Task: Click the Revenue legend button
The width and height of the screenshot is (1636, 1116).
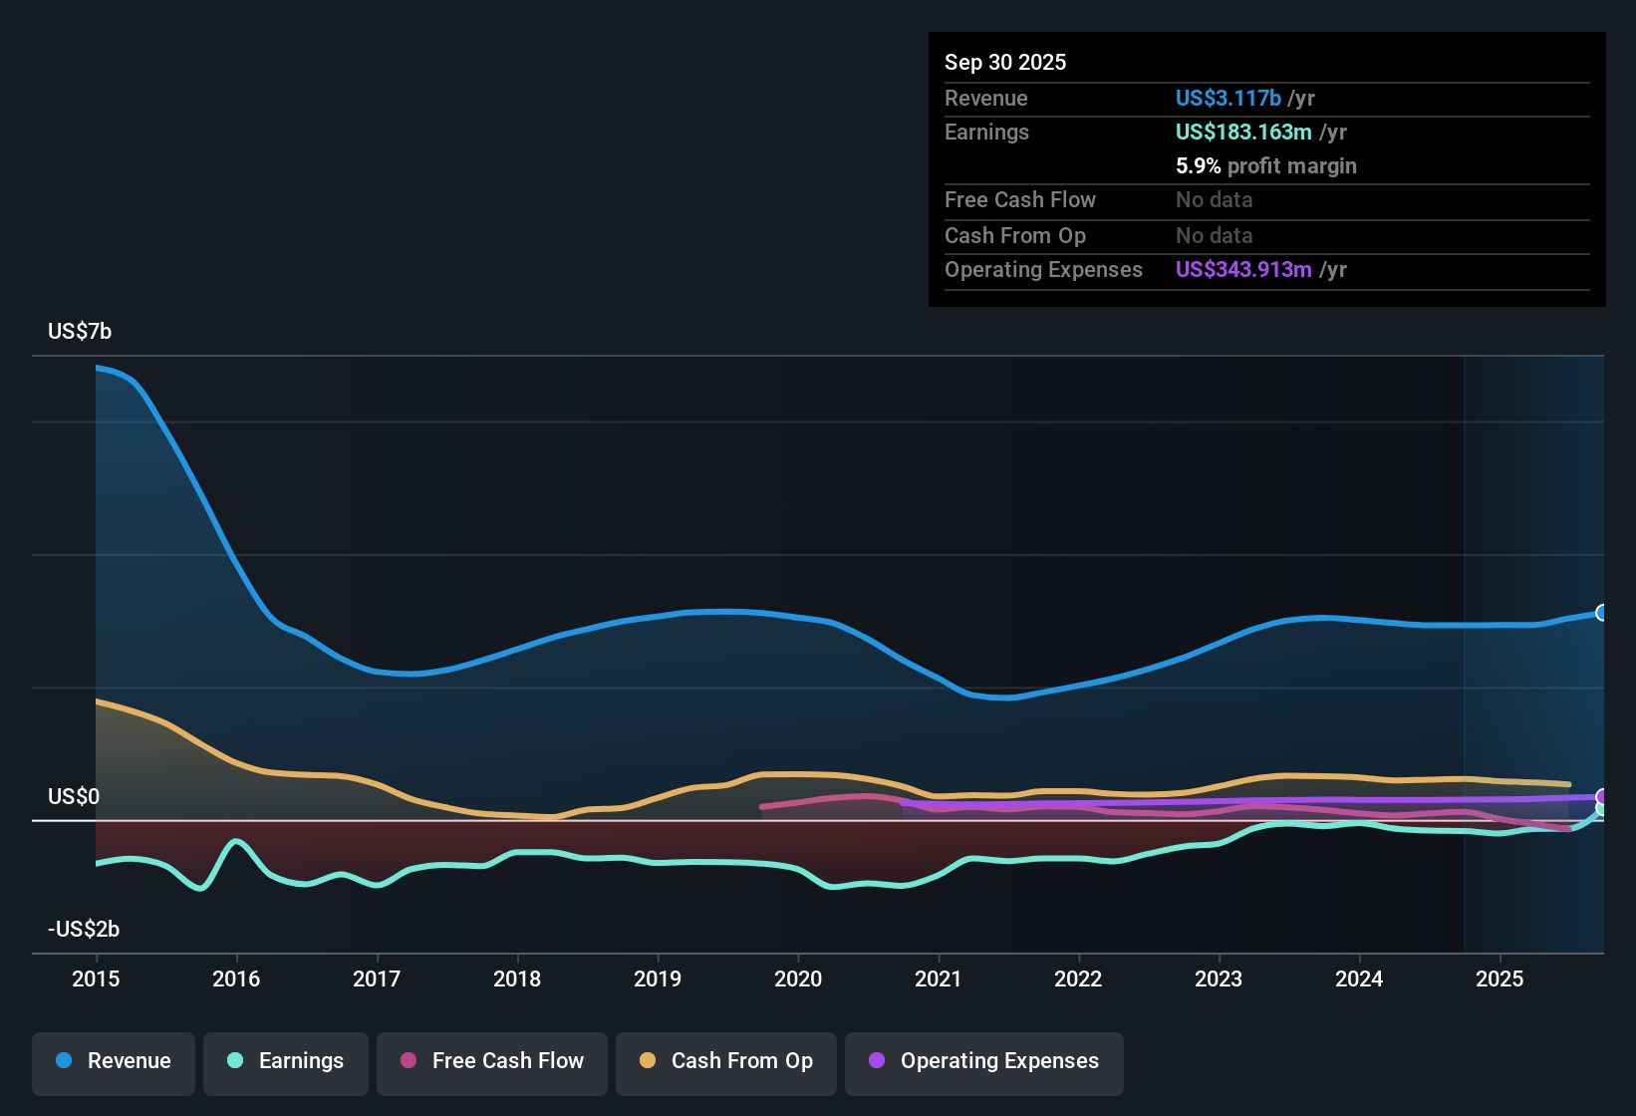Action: point(114,1061)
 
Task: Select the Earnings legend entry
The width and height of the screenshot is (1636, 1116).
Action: point(286,1061)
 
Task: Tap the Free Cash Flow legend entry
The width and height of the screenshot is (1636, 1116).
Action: point(492,1061)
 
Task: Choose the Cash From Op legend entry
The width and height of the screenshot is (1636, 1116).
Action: point(726,1061)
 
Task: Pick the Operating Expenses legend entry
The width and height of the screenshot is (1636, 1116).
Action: point(984,1061)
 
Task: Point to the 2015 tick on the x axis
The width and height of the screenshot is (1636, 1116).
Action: point(96,978)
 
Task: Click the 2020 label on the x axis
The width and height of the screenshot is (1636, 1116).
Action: point(798,978)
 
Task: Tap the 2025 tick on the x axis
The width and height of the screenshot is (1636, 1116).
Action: point(1500,978)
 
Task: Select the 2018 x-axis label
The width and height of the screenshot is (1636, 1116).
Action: point(517,978)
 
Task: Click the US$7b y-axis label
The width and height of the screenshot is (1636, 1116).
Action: point(80,332)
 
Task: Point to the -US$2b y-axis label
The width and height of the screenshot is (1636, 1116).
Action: point(84,929)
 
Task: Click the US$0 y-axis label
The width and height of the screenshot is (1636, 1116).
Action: point(74,797)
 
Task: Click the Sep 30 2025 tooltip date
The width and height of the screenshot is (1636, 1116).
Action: point(1005,62)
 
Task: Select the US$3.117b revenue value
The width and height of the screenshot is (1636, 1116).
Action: point(1227,98)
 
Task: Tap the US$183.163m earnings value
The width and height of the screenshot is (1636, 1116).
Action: point(1243,132)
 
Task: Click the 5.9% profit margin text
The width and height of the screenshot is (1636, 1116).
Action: point(1266,165)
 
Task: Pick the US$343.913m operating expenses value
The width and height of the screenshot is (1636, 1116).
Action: point(1243,269)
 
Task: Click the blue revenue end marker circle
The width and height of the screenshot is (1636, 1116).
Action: point(1601,613)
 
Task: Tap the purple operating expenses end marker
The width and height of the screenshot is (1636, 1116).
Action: point(1601,796)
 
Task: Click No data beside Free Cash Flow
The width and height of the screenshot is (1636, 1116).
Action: point(1214,199)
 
